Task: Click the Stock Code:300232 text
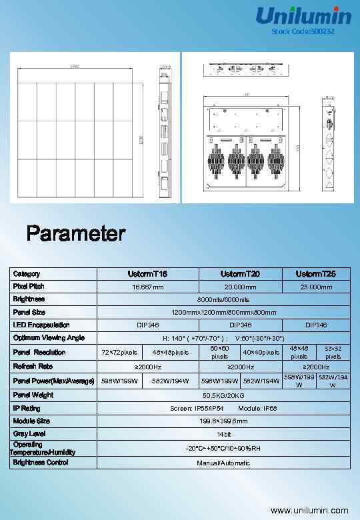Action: tap(303, 32)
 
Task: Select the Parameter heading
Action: tap(75, 234)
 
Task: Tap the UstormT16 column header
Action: tap(148, 274)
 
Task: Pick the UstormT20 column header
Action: tap(241, 274)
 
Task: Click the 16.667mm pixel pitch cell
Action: tap(148, 287)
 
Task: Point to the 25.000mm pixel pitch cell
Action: tap(316, 287)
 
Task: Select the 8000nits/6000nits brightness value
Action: tap(223, 299)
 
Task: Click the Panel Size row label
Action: tap(29, 312)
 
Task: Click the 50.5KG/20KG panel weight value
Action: tap(223, 395)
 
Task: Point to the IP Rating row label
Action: tap(27, 408)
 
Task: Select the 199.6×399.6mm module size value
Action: tap(223, 421)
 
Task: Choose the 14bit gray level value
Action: tap(223, 434)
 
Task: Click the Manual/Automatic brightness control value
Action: tap(223, 463)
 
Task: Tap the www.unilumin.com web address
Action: tap(309, 510)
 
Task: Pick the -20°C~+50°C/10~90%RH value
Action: tap(223, 448)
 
